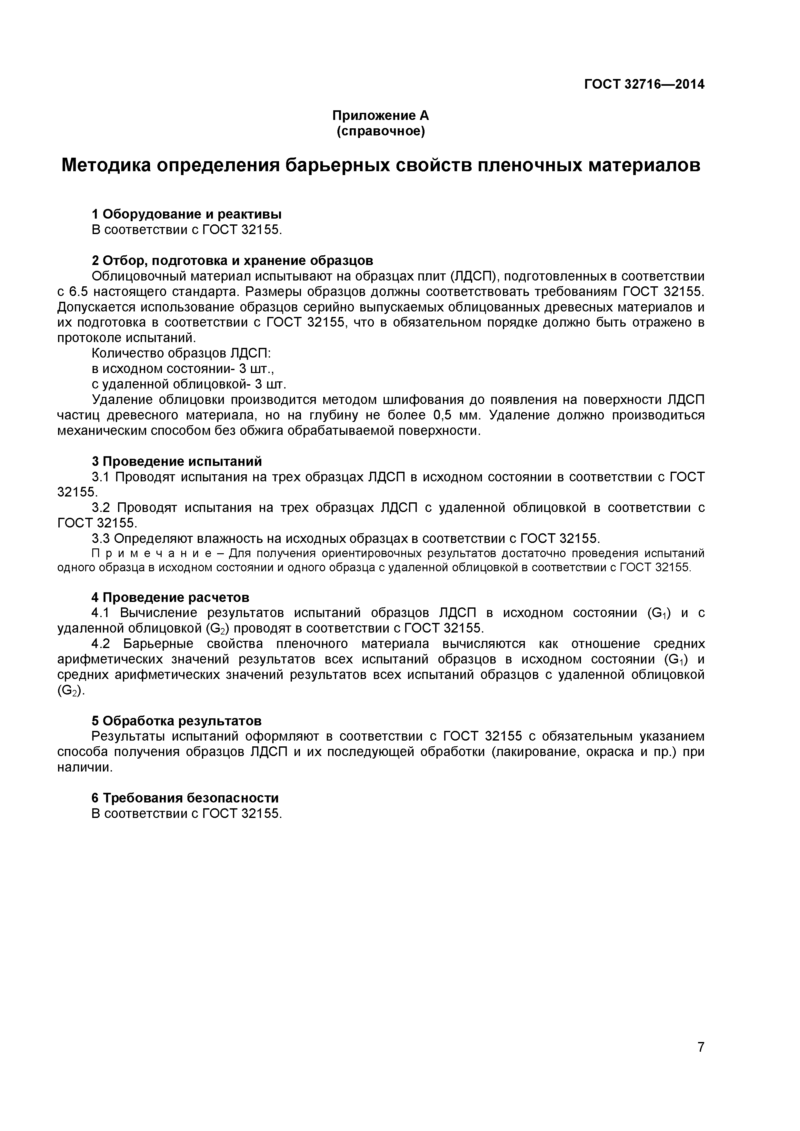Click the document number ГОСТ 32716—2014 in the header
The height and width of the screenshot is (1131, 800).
[x=644, y=84]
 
